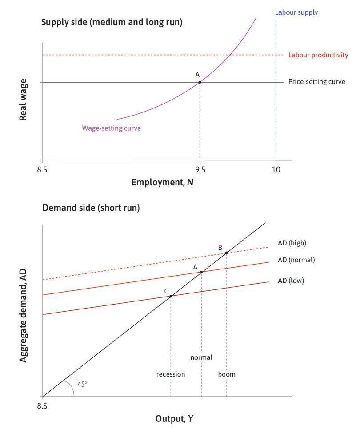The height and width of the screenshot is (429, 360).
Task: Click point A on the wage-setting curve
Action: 200,82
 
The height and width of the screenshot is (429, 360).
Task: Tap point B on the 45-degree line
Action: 227,253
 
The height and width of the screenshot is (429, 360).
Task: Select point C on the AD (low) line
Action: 171,296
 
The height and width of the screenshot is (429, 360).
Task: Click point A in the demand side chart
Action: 201,272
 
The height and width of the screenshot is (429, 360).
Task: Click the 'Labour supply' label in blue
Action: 296,12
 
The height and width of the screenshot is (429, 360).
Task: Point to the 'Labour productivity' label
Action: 318,55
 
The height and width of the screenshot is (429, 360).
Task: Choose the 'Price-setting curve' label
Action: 316,82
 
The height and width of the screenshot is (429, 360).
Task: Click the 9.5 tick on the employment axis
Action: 200,169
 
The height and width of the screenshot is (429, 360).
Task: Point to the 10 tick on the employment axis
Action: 276,169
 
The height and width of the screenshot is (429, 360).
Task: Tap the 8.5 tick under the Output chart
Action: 42,405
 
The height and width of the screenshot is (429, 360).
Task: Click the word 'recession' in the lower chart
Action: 171,374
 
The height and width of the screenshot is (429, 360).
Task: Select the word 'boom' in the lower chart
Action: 227,374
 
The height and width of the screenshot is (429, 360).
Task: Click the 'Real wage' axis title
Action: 23,100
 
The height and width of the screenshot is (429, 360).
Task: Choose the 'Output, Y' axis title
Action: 174,418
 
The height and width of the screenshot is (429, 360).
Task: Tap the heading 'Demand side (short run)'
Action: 91,208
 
